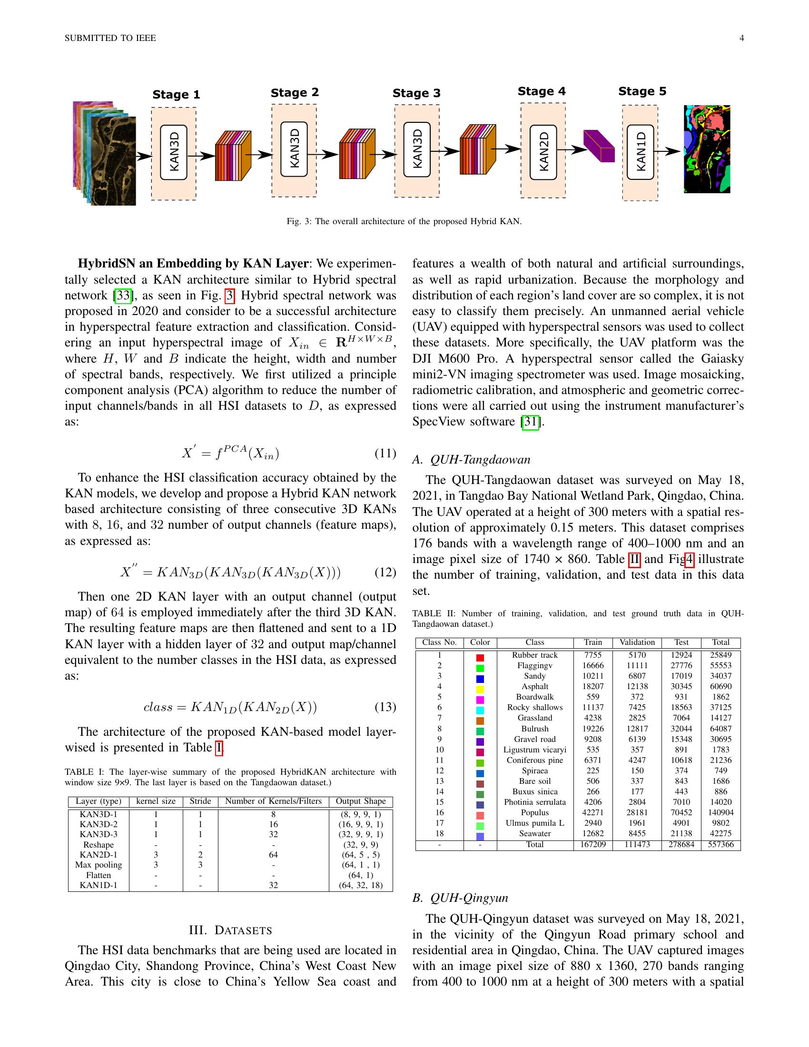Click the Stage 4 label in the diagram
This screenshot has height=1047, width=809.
click(542, 91)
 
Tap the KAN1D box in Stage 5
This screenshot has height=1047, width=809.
click(640, 152)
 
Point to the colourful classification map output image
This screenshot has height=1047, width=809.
click(707, 149)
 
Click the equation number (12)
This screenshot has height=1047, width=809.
click(385, 572)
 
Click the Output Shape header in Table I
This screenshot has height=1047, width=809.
click(360, 801)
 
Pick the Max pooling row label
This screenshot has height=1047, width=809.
click(98, 865)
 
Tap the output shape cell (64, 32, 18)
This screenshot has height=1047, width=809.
click(360, 885)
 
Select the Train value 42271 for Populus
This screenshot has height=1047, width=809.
click(593, 812)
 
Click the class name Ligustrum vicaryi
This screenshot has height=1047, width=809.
click(534, 749)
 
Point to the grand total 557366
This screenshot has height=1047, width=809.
click(720, 844)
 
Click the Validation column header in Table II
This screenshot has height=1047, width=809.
click(637, 642)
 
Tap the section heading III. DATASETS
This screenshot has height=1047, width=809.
click(230, 930)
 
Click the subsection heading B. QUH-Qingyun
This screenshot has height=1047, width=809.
click(460, 898)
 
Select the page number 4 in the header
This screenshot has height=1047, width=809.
click(741, 39)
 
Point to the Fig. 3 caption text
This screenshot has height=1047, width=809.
click(404, 221)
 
